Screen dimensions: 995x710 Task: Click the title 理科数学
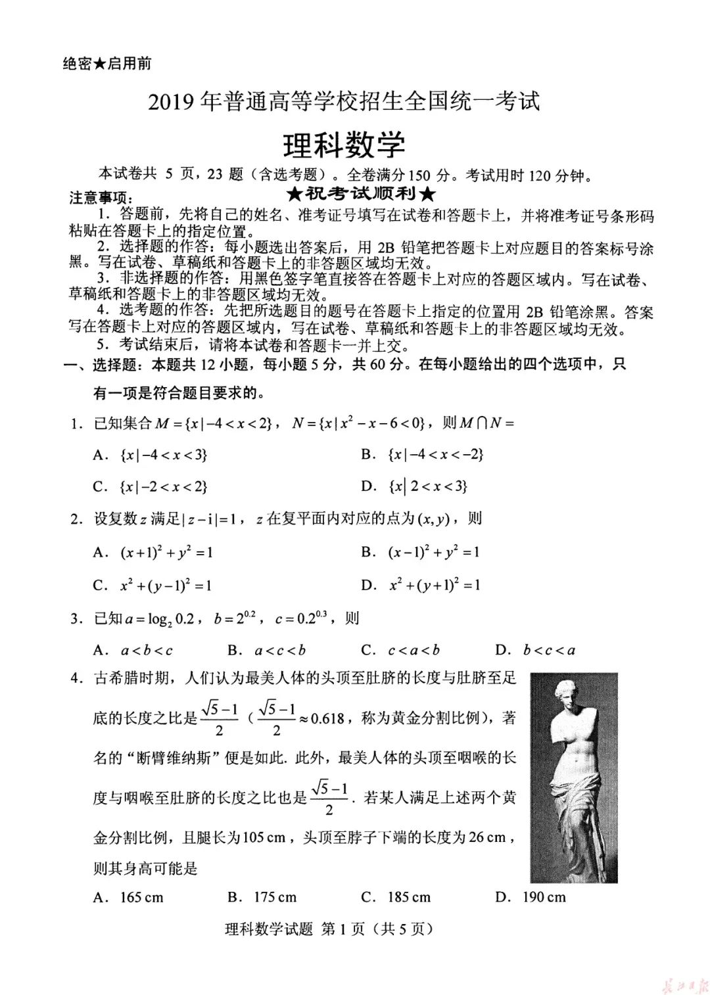click(x=344, y=145)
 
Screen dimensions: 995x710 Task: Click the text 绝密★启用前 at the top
click(x=107, y=63)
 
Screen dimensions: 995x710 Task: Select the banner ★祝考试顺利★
click(x=361, y=194)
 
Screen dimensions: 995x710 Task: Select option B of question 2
click(x=420, y=552)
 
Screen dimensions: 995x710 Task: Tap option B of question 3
click(x=267, y=651)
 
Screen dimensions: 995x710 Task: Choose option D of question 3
click(x=535, y=651)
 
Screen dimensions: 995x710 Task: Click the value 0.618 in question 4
click(x=327, y=718)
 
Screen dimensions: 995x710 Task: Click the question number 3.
click(x=76, y=618)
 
